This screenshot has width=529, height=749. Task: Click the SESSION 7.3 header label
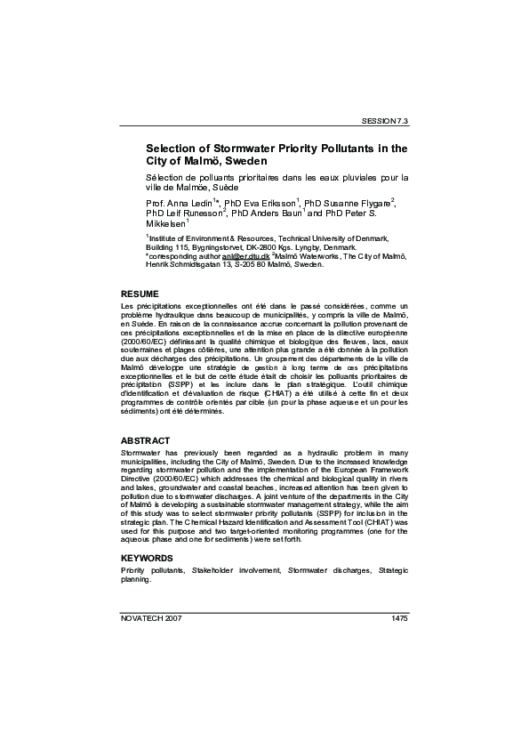point(384,119)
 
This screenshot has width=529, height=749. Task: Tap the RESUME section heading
point(140,294)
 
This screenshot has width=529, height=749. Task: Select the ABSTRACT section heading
point(146,441)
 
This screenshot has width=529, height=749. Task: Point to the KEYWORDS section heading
point(147,558)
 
